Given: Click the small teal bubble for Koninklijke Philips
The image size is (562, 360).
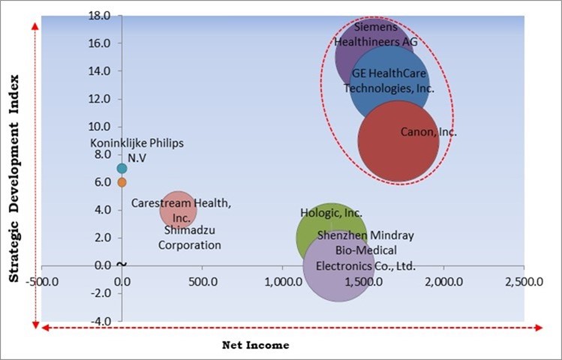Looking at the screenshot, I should [122, 168].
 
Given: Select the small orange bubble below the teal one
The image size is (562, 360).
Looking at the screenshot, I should [122, 181].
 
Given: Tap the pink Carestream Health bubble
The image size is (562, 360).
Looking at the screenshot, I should [178, 209].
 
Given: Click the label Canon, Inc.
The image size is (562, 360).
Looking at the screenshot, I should [428, 132].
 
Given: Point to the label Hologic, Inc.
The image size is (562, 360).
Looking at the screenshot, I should [331, 213].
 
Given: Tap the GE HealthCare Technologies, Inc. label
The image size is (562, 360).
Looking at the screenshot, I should [389, 81].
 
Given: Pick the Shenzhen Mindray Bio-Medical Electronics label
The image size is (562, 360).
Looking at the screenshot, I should [365, 250].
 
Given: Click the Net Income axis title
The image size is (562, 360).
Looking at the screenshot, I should [255, 345].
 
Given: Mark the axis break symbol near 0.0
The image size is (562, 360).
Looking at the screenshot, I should [122, 264].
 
